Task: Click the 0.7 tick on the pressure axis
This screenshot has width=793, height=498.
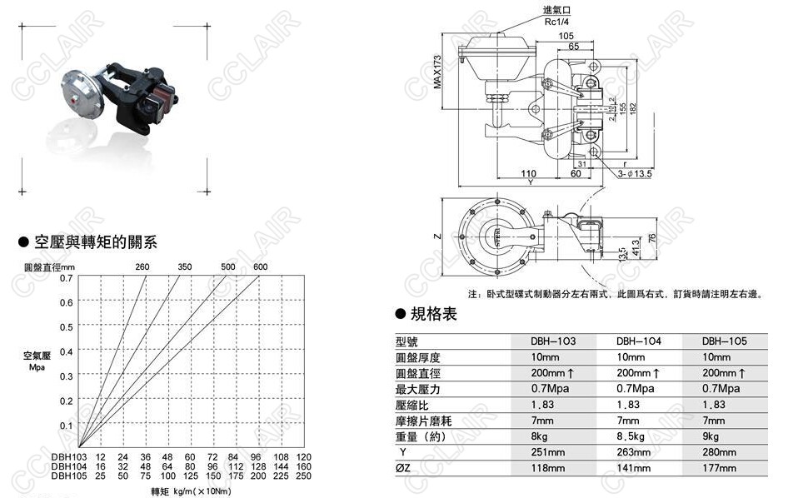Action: (66, 277)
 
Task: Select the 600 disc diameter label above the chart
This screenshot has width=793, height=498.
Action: (261, 266)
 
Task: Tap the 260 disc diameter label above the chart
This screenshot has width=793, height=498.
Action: (142, 266)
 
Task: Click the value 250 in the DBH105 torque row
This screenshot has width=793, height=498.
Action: (303, 476)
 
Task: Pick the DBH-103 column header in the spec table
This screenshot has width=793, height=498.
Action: (553, 341)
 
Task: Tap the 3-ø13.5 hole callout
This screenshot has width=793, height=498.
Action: (635, 174)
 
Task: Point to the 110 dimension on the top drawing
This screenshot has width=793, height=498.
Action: (528, 173)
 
